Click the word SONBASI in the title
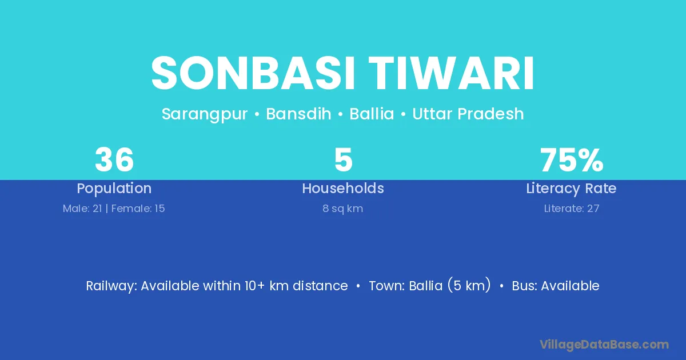(x=253, y=73)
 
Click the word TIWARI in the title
(x=452, y=73)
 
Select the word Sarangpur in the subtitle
(x=205, y=114)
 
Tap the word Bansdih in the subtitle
(x=298, y=114)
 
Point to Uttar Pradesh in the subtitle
(x=468, y=114)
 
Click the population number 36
(x=114, y=160)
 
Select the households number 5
(x=344, y=160)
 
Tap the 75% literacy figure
(x=572, y=160)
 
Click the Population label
(x=114, y=189)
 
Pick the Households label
(x=343, y=188)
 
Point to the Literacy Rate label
(x=572, y=189)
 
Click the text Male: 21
(x=82, y=209)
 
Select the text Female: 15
(x=138, y=209)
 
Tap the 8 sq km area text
(x=343, y=209)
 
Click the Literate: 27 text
(x=572, y=209)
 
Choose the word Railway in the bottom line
(x=111, y=286)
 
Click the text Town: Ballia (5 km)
(x=430, y=286)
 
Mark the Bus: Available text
(x=556, y=286)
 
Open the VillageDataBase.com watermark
(x=604, y=345)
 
